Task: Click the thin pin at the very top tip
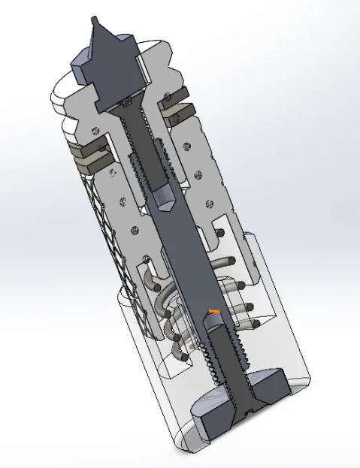(94, 20)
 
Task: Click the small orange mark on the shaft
(214, 311)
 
